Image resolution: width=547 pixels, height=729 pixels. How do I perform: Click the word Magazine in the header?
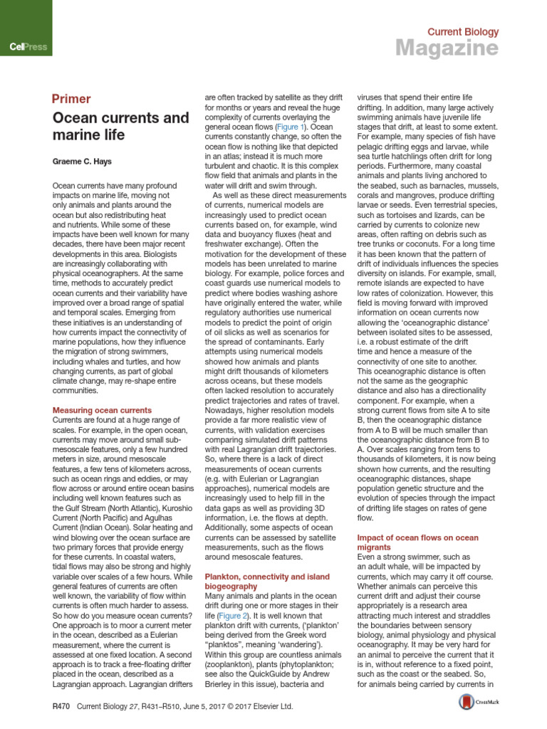coord(447,48)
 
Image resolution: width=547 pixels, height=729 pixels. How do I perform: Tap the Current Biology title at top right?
coord(462,31)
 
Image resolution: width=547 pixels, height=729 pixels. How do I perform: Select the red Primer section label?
coord(71,99)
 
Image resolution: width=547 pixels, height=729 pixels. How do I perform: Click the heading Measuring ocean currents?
coord(103,410)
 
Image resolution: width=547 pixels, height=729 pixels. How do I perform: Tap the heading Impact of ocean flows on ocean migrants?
coord(417,543)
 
